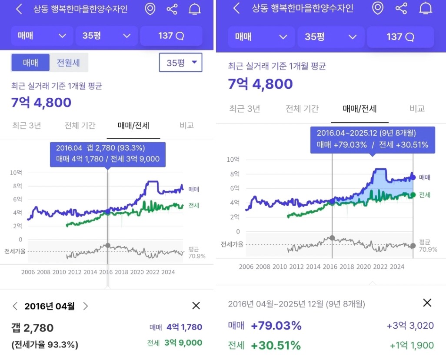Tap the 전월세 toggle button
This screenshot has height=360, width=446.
69,63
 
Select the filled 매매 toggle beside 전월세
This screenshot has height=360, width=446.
30,63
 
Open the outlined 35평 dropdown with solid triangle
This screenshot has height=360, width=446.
180,63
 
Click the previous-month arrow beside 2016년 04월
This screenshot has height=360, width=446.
15,306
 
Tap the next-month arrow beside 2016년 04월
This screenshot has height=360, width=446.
86,306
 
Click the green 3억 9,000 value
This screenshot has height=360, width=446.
183,343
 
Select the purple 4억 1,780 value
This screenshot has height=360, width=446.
184,327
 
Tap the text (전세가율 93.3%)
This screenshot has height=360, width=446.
45,345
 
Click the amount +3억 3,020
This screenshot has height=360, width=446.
410,326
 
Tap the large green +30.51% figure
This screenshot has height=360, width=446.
276,346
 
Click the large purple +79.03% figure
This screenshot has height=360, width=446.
276,326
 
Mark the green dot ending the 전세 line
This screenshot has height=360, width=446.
413,195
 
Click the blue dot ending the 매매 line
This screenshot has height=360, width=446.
413,177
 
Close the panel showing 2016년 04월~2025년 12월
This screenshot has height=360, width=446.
427,303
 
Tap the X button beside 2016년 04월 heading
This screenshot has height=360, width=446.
196,306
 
